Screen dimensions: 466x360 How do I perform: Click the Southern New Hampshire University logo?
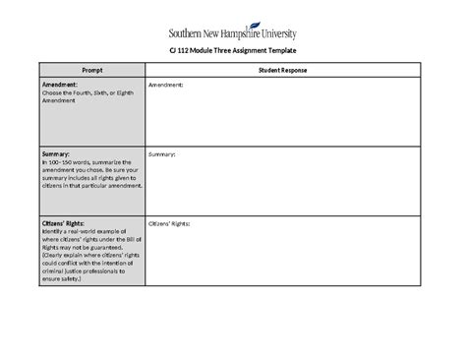tap(233, 32)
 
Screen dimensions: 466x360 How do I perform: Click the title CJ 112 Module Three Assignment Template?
tap(233, 51)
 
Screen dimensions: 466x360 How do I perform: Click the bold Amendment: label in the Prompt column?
tap(60, 86)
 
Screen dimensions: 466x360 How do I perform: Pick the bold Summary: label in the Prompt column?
tap(56, 154)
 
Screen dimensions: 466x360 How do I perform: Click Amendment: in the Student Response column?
tap(165, 86)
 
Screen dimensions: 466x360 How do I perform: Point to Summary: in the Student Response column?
tap(161, 154)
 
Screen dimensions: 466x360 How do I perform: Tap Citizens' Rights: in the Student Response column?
tap(169, 223)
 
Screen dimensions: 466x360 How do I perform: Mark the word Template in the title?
tap(279, 51)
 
